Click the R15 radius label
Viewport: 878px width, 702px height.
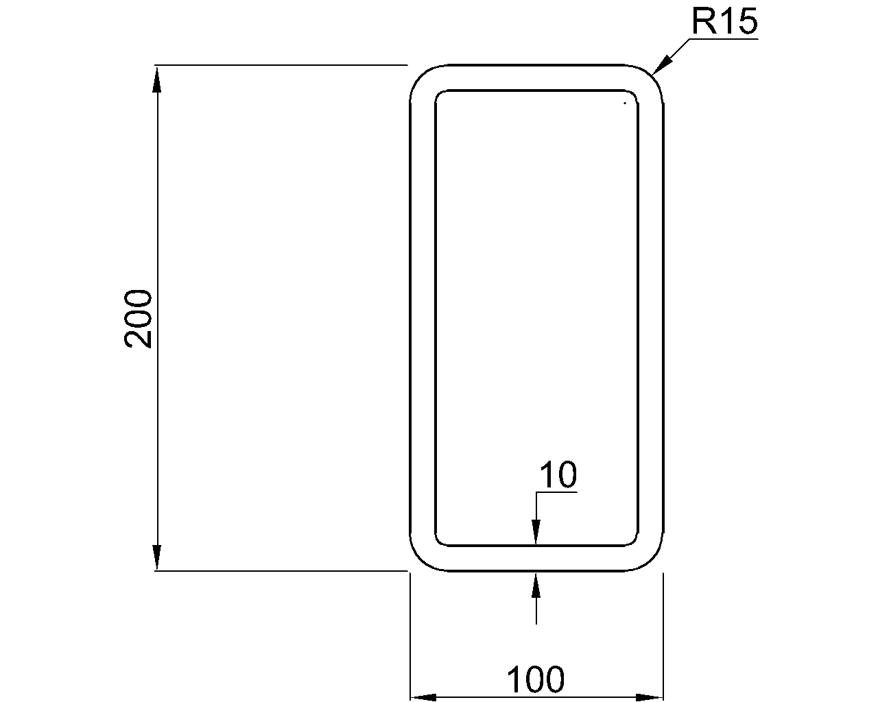[x=724, y=22]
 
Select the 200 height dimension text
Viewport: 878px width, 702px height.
[x=139, y=319]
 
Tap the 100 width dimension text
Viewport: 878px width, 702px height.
[x=536, y=680]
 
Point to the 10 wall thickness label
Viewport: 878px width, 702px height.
[x=558, y=475]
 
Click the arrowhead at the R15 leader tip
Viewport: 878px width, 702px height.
[x=659, y=67]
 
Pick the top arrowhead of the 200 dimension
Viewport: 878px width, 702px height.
[x=157, y=77]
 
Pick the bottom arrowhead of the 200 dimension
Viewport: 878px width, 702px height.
[x=157, y=558]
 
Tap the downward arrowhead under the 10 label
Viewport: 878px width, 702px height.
[x=536, y=533]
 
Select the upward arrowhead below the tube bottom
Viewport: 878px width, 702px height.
[x=536, y=583]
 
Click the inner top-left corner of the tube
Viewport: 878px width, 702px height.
[x=440, y=95]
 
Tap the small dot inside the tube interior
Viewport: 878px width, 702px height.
[x=625, y=104]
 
